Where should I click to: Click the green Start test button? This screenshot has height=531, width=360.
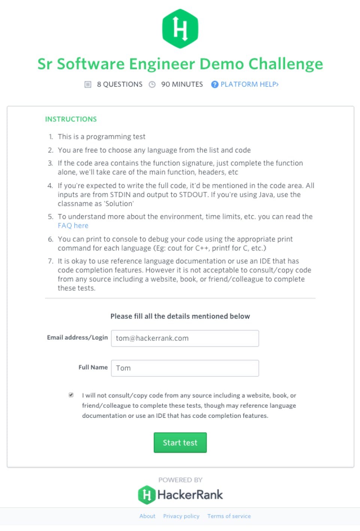180,443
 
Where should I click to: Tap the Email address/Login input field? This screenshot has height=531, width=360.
185,338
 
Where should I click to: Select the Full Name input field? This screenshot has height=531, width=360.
185,368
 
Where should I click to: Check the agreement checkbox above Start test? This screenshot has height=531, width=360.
71,395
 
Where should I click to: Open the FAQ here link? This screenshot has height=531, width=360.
73,226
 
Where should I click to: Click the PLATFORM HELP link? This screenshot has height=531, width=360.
249,84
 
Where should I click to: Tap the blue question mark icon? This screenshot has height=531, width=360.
214,84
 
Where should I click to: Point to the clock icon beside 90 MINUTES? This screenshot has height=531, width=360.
152,84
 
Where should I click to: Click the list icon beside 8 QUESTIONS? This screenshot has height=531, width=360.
88,84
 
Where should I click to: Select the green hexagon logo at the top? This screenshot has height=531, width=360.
180,29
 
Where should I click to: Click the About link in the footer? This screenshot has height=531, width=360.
147,516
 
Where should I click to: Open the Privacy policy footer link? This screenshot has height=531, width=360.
181,516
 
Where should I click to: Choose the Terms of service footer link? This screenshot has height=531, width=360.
229,516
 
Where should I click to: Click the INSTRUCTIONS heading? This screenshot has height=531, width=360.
71,119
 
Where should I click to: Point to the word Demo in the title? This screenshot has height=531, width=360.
222,64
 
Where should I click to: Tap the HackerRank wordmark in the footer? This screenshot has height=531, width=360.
190,495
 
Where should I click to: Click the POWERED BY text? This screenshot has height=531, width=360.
180,480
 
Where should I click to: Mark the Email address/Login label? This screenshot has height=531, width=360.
77,337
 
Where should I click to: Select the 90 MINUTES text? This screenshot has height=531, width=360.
182,84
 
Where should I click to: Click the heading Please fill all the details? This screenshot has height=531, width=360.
180,316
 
